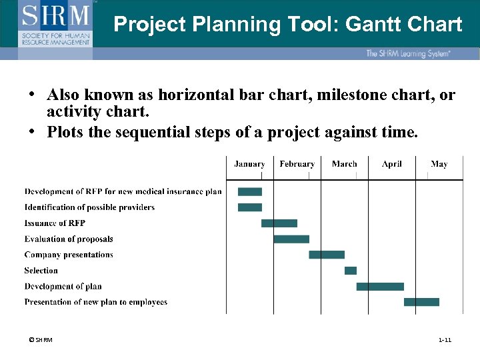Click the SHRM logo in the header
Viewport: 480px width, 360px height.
[x=56, y=23]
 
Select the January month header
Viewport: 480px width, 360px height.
[x=249, y=164]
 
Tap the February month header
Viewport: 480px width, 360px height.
[x=297, y=164]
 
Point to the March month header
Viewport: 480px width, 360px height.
[x=344, y=164]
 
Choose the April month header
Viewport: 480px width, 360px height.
[x=392, y=164]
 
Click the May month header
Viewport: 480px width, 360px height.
[x=439, y=164]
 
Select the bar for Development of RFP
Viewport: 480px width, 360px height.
[x=250, y=192]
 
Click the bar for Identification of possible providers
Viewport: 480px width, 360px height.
[x=250, y=207]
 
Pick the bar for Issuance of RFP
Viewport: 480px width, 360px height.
[x=279, y=223]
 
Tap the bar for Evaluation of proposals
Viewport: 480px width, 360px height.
[x=291, y=239]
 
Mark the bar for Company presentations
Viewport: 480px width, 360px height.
[x=327, y=255]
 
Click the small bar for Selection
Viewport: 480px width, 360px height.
[x=351, y=271]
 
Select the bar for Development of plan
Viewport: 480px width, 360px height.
[x=380, y=287]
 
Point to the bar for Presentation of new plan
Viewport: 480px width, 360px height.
[x=421, y=302]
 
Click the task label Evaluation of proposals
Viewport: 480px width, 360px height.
[x=69, y=239]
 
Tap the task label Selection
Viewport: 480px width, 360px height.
[x=41, y=271]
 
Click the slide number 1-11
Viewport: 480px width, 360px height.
[x=445, y=341]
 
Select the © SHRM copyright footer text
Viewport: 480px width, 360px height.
[x=41, y=341]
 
